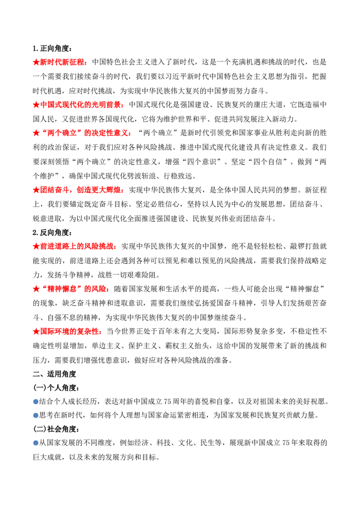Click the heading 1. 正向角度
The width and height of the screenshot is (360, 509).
[x=52, y=49]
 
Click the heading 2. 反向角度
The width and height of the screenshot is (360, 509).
[x=52, y=232]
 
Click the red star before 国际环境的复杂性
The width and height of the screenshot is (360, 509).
[x=36, y=331]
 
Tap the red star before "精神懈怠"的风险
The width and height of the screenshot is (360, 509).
[x=36, y=289]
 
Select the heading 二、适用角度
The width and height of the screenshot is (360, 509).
[x=54, y=374]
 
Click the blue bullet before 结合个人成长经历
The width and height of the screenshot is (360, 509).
[x=36, y=402]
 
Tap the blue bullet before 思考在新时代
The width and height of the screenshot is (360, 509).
[x=36, y=415]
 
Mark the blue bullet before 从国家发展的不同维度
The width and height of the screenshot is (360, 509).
[x=36, y=443]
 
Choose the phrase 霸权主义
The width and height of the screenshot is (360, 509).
[x=180, y=346]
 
